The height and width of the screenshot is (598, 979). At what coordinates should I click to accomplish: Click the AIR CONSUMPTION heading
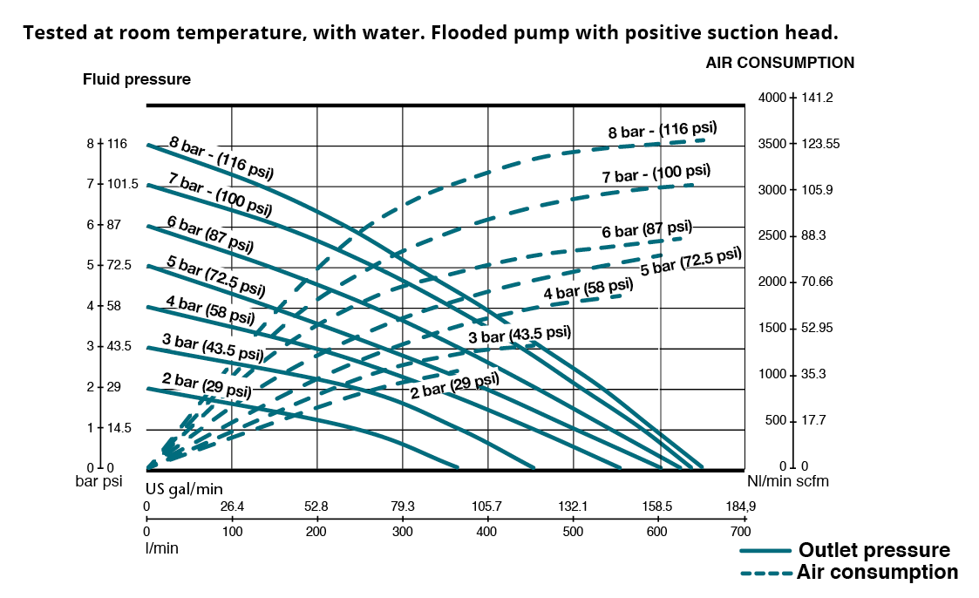[779, 63]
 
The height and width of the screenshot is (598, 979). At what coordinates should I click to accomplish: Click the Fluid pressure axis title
[137, 79]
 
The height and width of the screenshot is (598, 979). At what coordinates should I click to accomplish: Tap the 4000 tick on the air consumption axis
[772, 98]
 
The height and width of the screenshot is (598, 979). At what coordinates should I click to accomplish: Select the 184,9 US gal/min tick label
[739, 506]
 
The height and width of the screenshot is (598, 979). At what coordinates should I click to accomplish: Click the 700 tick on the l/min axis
[739, 531]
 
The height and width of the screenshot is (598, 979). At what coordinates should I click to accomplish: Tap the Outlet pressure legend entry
[874, 550]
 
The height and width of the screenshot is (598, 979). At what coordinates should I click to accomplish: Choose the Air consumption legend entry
[877, 573]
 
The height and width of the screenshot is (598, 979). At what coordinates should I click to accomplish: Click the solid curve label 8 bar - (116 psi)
[221, 158]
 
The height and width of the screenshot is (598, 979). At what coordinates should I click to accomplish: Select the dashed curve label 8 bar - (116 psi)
[663, 131]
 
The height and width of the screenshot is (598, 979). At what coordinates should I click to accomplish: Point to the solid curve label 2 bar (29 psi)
[207, 384]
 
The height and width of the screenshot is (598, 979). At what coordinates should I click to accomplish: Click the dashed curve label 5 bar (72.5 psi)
[690, 260]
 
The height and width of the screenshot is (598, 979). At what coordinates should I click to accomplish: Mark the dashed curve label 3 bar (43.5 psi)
[520, 334]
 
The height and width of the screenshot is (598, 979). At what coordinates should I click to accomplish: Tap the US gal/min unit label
[178, 489]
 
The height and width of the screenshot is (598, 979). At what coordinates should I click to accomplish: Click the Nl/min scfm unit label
[787, 481]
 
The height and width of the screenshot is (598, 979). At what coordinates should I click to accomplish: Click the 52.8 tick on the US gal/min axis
[316, 506]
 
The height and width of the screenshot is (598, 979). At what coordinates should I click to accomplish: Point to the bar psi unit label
[98, 481]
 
